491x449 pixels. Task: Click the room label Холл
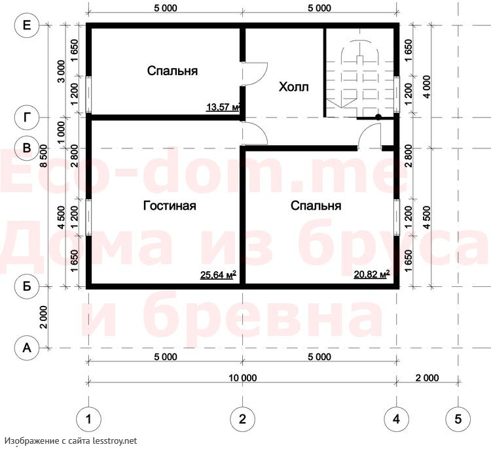coord(293,87)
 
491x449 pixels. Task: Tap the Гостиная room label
coord(170,205)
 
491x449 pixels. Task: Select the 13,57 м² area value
coord(223,107)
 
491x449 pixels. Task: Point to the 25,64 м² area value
coord(218,274)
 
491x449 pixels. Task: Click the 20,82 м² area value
coord(372,274)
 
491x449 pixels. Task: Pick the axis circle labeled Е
coord(27,25)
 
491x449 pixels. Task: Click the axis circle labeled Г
coord(27,117)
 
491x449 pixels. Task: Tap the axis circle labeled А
coord(27,348)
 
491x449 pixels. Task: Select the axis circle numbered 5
coord(458,419)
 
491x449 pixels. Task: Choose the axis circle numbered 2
coord(242,419)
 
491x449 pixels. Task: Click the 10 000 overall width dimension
coord(243,378)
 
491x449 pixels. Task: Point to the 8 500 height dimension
coord(43,156)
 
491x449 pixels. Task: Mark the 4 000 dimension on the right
coord(426,87)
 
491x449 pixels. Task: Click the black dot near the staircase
coord(378,117)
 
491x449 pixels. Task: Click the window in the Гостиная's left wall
coord(88,217)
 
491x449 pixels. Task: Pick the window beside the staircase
coord(397,94)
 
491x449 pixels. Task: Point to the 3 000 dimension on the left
coord(62,71)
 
